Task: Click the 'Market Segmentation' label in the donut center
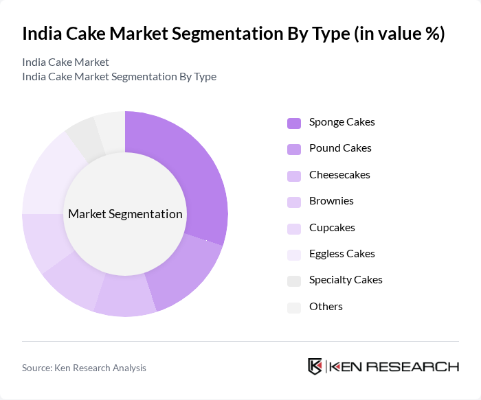click(x=125, y=214)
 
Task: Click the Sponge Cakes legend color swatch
click(x=293, y=123)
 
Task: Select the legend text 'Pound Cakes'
click(x=340, y=148)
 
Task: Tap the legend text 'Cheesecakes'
click(x=339, y=175)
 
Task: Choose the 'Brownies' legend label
click(x=331, y=201)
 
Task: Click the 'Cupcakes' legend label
click(x=332, y=228)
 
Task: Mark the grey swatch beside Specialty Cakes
click(x=293, y=281)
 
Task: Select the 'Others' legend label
click(x=326, y=307)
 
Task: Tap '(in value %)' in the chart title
click(x=399, y=34)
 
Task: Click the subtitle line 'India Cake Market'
click(x=65, y=62)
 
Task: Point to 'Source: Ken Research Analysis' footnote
click(x=84, y=368)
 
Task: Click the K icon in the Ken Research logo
click(x=315, y=366)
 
